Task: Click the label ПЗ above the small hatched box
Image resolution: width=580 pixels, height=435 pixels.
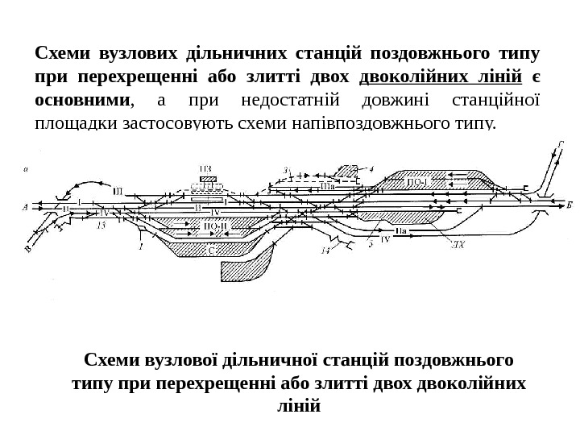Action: pyautogui.click(x=207, y=169)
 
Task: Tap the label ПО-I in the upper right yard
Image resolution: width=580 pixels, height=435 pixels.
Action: pyautogui.click(x=416, y=182)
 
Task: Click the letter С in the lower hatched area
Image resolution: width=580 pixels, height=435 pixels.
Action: pyautogui.click(x=211, y=251)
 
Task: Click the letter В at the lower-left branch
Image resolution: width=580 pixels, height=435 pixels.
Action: pyautogui.click(x=28, y=249)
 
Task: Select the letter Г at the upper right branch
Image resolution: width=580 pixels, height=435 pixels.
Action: pyautogui.click(x=559, y=145)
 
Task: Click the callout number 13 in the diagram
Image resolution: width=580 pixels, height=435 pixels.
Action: pyautogui.click(x=101, y=226)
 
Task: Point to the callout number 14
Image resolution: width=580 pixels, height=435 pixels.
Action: pyautogui.click(x=325, y=251)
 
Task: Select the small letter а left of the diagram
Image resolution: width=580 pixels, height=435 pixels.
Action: pyautogui.click(x=27, y=169)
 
